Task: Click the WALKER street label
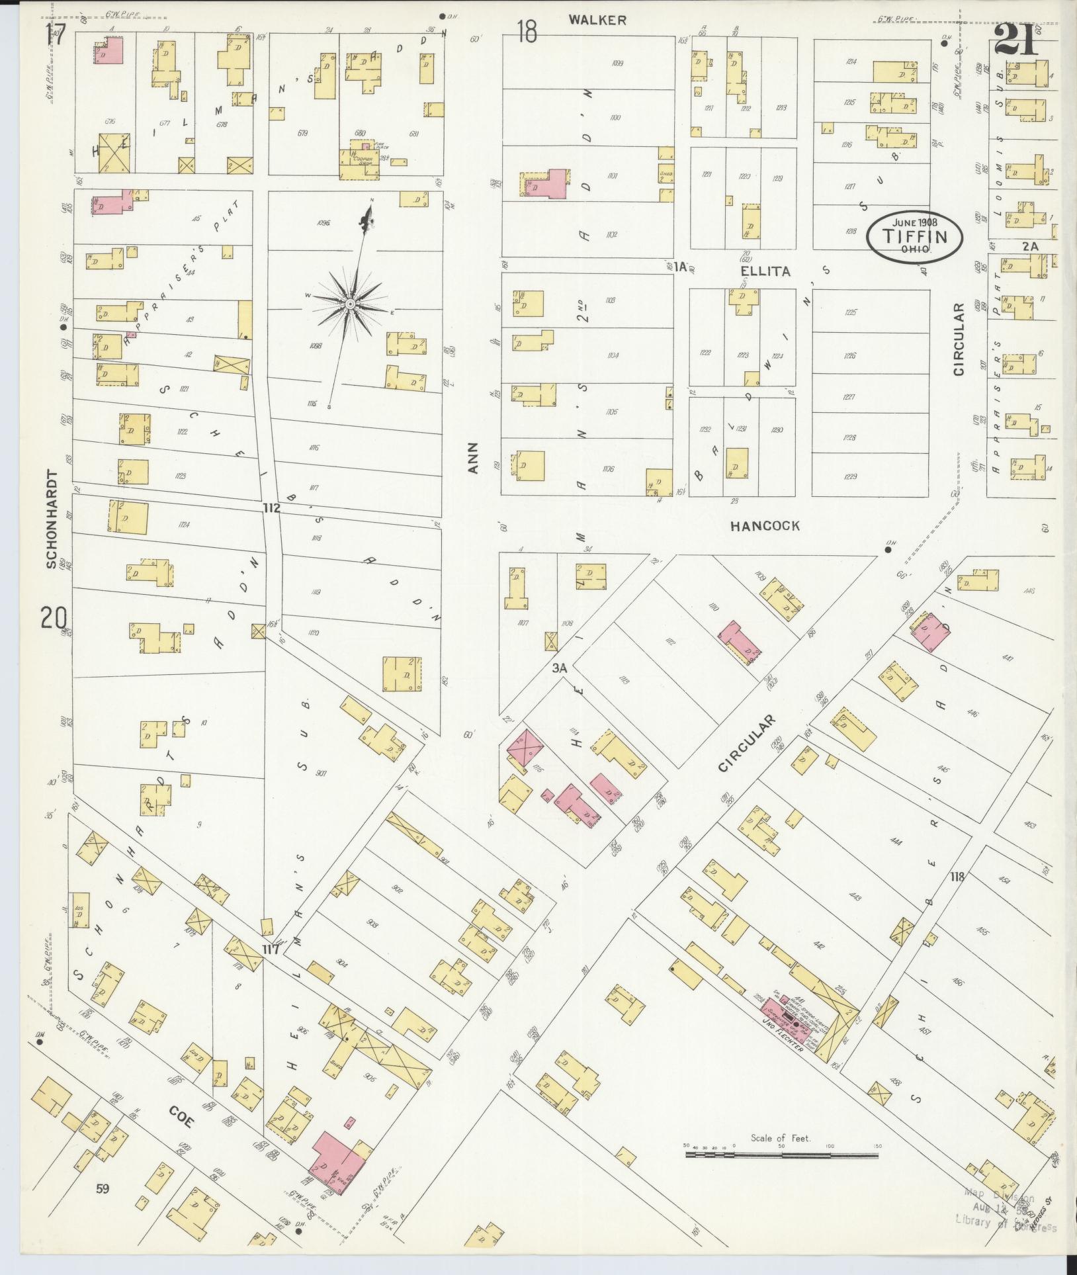pos(597,21)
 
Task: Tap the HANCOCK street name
pos(765,526)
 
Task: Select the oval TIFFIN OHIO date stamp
pos(915,236)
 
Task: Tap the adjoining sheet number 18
pos(527,31)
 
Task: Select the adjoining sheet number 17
pos(56,34)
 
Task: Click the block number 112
pos(271,508)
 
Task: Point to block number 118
pos(957,877)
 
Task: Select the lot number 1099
pos(617,64)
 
